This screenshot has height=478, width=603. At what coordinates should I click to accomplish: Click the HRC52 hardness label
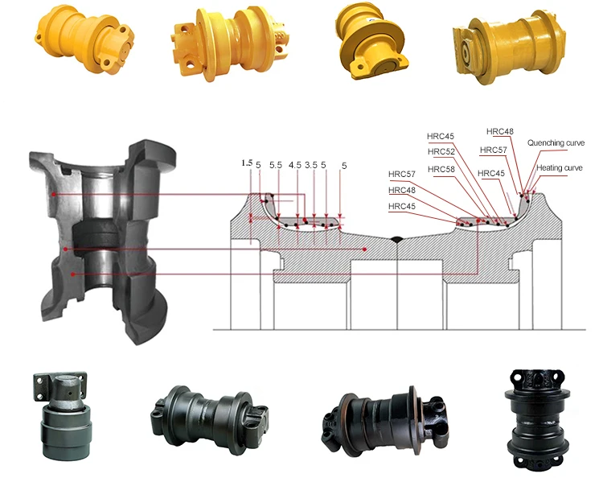point(441,151)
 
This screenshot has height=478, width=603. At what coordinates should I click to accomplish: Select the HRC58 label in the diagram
point(441,169)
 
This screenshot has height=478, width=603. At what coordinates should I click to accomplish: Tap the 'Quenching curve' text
point(555,142)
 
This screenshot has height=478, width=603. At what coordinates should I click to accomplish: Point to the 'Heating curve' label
point(560,167)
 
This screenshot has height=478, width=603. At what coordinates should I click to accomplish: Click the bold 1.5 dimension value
point(247,163)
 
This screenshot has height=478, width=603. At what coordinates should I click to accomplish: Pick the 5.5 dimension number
point(275,165)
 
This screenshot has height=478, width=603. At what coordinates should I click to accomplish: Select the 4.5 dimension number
point(294,165)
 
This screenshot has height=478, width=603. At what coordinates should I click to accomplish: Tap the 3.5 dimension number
point(310,165)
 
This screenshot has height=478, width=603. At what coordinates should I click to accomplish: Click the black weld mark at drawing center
point(396,240)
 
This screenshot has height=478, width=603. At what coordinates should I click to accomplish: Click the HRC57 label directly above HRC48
point(402,174)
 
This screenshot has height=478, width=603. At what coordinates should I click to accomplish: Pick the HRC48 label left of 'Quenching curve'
point(499,131)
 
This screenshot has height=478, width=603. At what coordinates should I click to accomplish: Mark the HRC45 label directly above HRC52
point(441,136)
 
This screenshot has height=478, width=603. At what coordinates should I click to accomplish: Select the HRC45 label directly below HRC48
point(402,206)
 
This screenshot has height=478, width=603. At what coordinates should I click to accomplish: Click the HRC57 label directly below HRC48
point(493,150)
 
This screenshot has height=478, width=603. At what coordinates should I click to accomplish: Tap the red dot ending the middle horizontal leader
point(364,249)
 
